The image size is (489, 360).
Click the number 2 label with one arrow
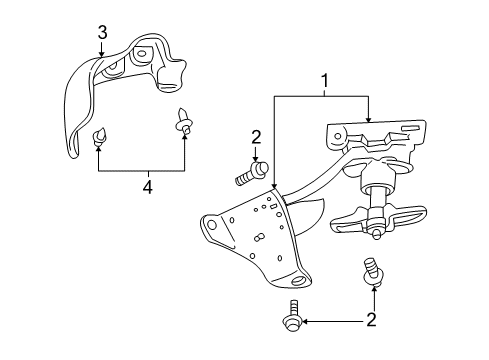pos(256,136)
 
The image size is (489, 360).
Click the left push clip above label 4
pos(101,136)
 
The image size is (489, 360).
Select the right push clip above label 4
pos(184,121)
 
